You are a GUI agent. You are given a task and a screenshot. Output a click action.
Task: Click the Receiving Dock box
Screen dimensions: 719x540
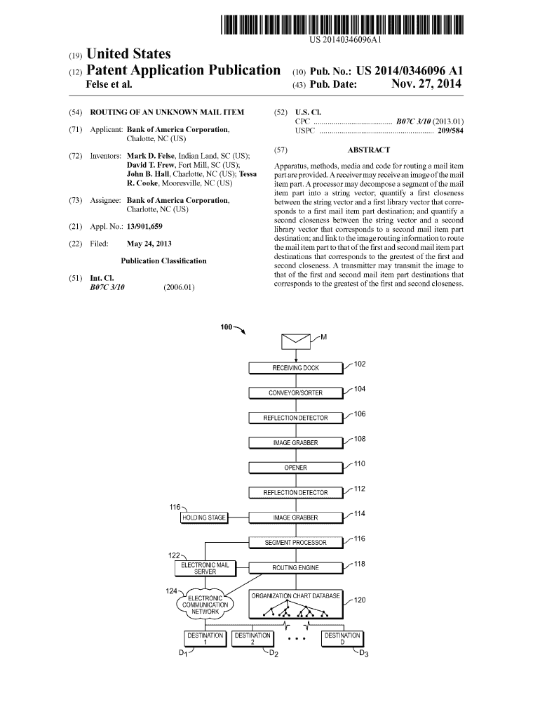[x=295, y=368]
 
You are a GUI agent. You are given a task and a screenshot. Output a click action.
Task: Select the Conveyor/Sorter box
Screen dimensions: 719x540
[x=295, y=393]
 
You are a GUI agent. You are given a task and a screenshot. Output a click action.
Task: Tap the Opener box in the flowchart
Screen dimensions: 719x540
[x=295, y=468]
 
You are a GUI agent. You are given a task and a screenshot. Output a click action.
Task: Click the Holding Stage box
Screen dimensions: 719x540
[x=204, y=518]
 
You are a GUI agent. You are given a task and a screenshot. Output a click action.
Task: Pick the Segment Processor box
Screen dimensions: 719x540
[x=295, y=543]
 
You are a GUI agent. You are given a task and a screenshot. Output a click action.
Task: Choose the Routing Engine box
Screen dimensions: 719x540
[x=295, y=567]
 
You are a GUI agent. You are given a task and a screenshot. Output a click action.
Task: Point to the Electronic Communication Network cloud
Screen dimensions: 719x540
[x=205, y=605]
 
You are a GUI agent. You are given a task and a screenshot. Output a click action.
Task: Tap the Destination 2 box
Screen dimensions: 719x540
[x=252, y=638]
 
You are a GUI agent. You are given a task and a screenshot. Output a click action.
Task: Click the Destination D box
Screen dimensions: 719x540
[x=342, y=638]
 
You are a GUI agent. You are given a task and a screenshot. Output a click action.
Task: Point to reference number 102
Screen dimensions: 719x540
[x=359, y=364]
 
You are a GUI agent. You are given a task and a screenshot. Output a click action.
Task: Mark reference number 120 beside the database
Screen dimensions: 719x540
[x=360, y=600]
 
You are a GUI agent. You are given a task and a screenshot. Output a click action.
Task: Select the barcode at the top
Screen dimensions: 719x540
[x=343, y=25]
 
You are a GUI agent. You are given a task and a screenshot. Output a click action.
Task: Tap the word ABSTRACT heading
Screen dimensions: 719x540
[x=368, y=150]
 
